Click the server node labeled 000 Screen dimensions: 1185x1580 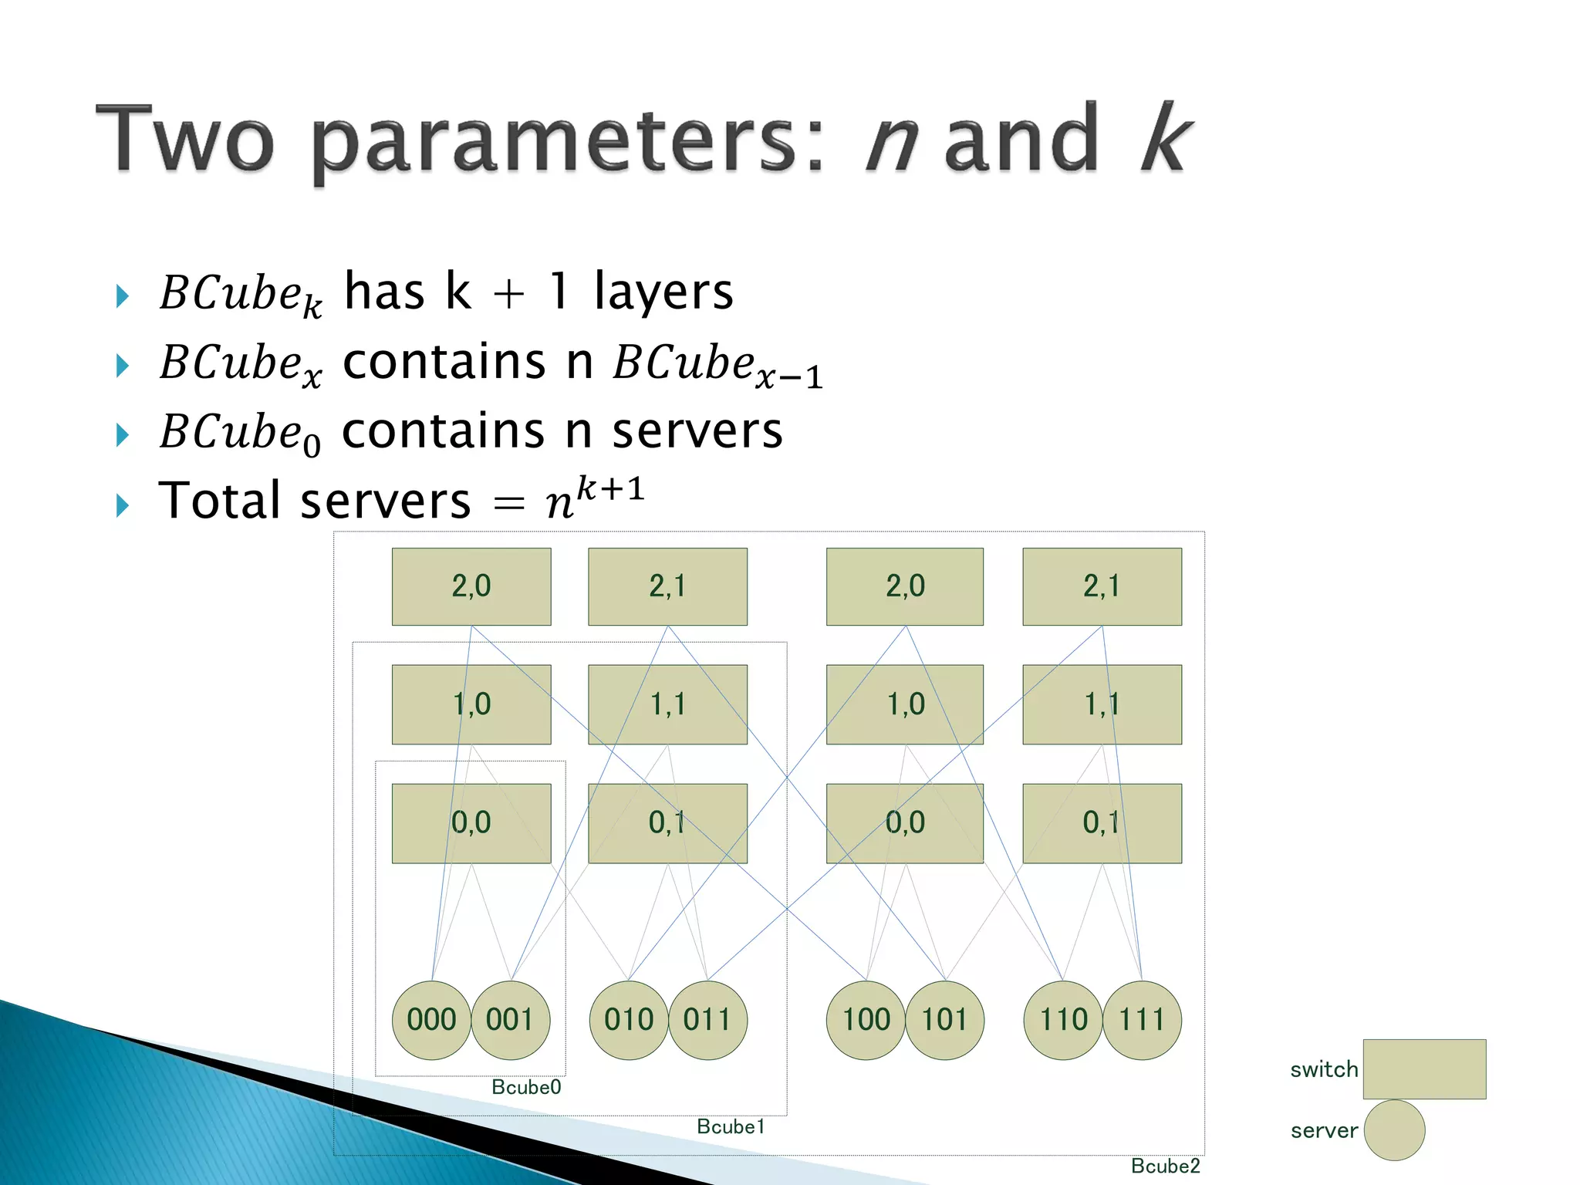point(431,1020)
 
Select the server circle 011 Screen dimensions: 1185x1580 point(707,1020)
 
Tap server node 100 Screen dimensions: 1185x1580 point(866,1020)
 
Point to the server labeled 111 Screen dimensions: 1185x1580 point(1142,1020)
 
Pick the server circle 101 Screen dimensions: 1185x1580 point(944,1020)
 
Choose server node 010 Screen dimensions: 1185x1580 point(629,1020)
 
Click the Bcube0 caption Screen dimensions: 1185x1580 point(526,1087)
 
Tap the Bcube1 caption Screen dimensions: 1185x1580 point(730,1126)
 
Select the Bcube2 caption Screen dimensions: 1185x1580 point(1165,1166)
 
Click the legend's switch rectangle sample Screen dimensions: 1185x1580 point(1424,1069)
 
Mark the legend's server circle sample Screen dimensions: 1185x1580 point(1394,1130)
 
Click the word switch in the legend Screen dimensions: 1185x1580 point(1324,1069)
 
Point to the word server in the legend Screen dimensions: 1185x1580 point(1324,1130)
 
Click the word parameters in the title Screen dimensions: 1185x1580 point(567,143)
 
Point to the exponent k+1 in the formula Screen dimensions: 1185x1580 point(610,488)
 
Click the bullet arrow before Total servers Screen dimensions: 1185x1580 point(122,505)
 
